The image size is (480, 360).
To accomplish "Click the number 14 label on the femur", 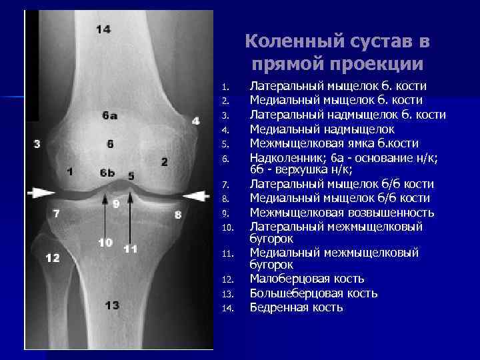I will (103, 29).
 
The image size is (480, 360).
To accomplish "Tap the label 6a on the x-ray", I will (110, 115).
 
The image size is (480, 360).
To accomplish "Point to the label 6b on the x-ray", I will (107, 173).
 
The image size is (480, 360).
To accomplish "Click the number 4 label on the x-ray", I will (195, 121).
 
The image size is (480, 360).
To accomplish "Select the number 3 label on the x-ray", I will (37, 143).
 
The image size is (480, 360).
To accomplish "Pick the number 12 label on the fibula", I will (52, 257).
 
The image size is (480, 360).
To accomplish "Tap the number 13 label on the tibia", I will (112, 305).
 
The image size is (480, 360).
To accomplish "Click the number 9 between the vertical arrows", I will (115, 203).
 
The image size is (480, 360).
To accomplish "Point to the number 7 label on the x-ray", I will (57, 213).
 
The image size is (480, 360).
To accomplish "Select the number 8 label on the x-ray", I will (177, 214).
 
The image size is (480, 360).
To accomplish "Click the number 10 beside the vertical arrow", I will (105, 242).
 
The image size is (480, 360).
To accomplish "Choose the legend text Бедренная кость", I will (296, 307).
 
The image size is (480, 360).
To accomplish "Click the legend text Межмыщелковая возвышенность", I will (341, 213).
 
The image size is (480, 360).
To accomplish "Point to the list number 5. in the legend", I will (225, 143).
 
